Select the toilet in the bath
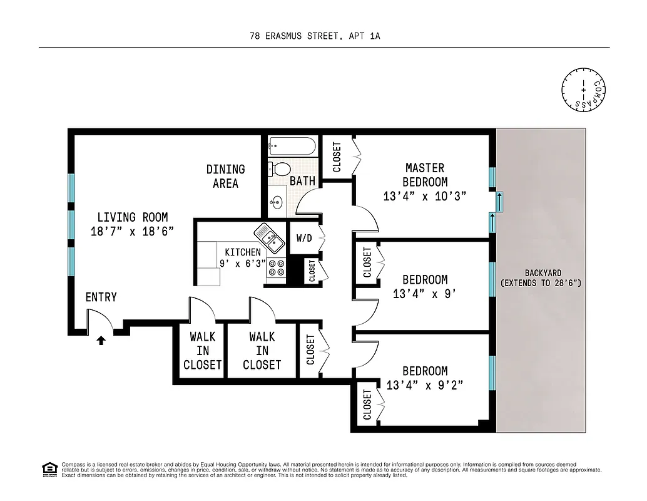tap(279, 168)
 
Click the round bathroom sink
tap(276, 202)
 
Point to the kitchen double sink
tap(268, 235)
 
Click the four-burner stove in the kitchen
tap(276, 268)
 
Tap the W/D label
tap(303, 239)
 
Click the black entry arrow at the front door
tap(101, 340)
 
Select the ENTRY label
tap(101, 297)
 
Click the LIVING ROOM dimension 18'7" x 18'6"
tap(132, 231)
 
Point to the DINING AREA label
tap(225, 176)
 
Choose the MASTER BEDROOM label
tap(425, 175)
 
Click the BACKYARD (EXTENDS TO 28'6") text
tap(541, 278)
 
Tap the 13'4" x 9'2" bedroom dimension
tap(425, 385)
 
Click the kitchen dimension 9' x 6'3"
tap(242, 264)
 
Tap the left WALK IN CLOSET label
tap(202, 351)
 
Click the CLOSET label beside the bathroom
tap(337, 157)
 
